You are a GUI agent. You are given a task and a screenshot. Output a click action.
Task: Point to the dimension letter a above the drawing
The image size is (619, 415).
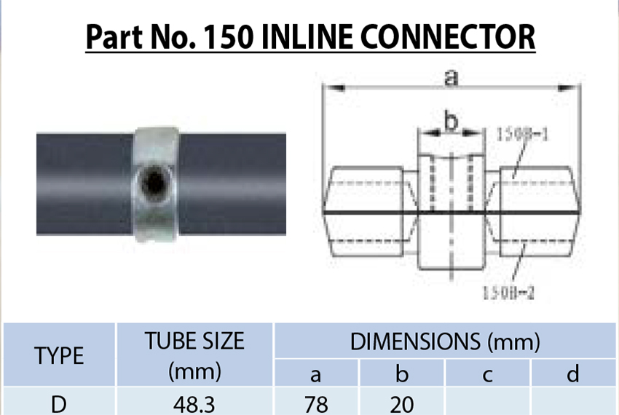click(x=452, y=77)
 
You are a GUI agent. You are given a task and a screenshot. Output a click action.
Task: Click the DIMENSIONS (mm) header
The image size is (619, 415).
click(x=445, y=340)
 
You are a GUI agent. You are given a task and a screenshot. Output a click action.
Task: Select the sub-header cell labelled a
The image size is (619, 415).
click(x=316, y=374)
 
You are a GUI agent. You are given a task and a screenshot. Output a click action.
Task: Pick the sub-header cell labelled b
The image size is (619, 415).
click(x=402, y=374)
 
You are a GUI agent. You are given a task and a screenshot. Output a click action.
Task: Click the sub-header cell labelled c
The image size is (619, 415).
click(x=488, y=374)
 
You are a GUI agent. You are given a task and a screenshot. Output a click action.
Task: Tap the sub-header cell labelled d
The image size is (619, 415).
click(x=574, y=374)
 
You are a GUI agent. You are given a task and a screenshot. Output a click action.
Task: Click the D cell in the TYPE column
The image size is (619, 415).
click(x=59, y=403)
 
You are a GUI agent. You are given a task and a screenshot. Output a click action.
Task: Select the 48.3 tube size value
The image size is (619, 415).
click(x=194, y=403)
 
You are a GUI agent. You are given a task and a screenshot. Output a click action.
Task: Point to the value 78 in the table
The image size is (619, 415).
click(x=316, y=403)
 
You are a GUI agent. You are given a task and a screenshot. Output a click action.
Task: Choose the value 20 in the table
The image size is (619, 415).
click(x=402, y=403)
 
